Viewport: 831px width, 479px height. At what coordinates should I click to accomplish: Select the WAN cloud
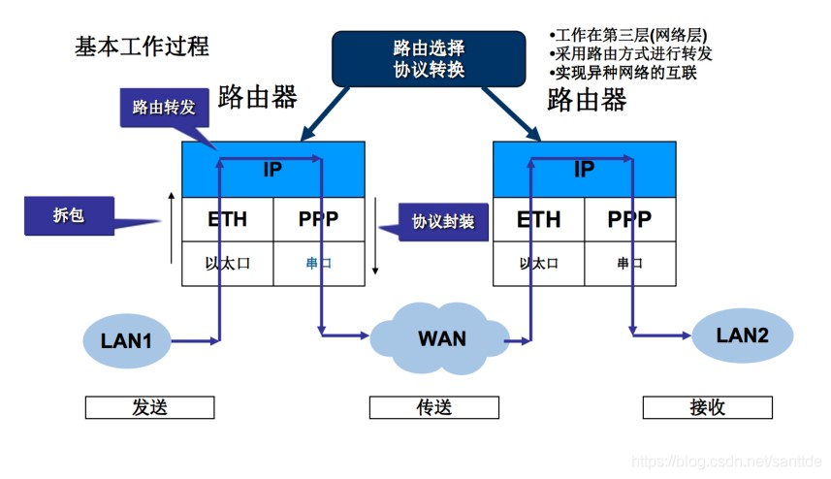pos(441,338)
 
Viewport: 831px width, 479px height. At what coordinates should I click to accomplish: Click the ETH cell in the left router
pos(228,220)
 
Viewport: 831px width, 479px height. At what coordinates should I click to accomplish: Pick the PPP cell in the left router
pos(319,220)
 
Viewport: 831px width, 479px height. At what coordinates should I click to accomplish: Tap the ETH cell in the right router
pos(538,220)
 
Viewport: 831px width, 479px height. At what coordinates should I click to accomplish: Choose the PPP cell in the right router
pos(629,220)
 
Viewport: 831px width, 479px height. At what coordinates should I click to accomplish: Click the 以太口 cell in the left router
pos(228,264)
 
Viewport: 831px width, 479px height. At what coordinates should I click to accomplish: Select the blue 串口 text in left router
pos(319,264)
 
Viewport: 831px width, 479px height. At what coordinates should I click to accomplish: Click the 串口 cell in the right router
pos(629,264)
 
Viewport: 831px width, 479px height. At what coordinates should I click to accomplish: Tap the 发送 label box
pos(149,407)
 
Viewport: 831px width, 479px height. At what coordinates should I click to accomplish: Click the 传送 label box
pos(433,407)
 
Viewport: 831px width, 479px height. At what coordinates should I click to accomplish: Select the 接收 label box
pos(708,407)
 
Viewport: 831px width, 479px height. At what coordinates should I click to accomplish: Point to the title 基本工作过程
pos(142,46)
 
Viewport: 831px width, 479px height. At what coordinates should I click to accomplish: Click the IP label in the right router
pos(584,170)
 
